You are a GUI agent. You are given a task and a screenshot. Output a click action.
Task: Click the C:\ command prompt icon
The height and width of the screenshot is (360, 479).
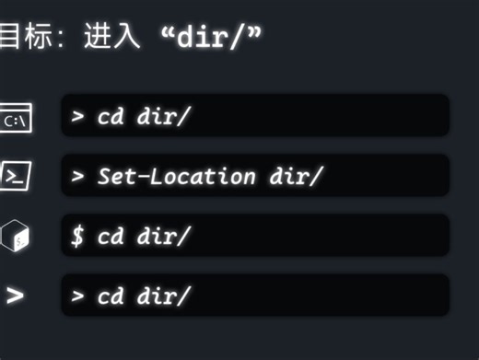(x=16, y=119)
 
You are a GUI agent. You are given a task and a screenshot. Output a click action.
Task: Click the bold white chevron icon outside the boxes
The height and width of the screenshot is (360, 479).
(x=14, y=296)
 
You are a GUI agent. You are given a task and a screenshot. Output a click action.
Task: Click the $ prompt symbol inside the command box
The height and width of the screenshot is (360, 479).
(x=78, y=236)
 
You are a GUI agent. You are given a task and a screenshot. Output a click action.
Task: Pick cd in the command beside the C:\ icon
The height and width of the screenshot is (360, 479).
(x=111, y=117)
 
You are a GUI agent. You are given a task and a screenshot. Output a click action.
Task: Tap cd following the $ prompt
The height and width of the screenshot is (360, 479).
(x=111, y=236)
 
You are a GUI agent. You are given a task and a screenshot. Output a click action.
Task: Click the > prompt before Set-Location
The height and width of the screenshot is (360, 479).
(x=78, y=176)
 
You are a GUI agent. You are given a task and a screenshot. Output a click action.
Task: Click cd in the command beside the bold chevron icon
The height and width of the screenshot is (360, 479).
(x=111, y=296)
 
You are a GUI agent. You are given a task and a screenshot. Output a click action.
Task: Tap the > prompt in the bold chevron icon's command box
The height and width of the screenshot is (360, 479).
(x=78, y=296)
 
